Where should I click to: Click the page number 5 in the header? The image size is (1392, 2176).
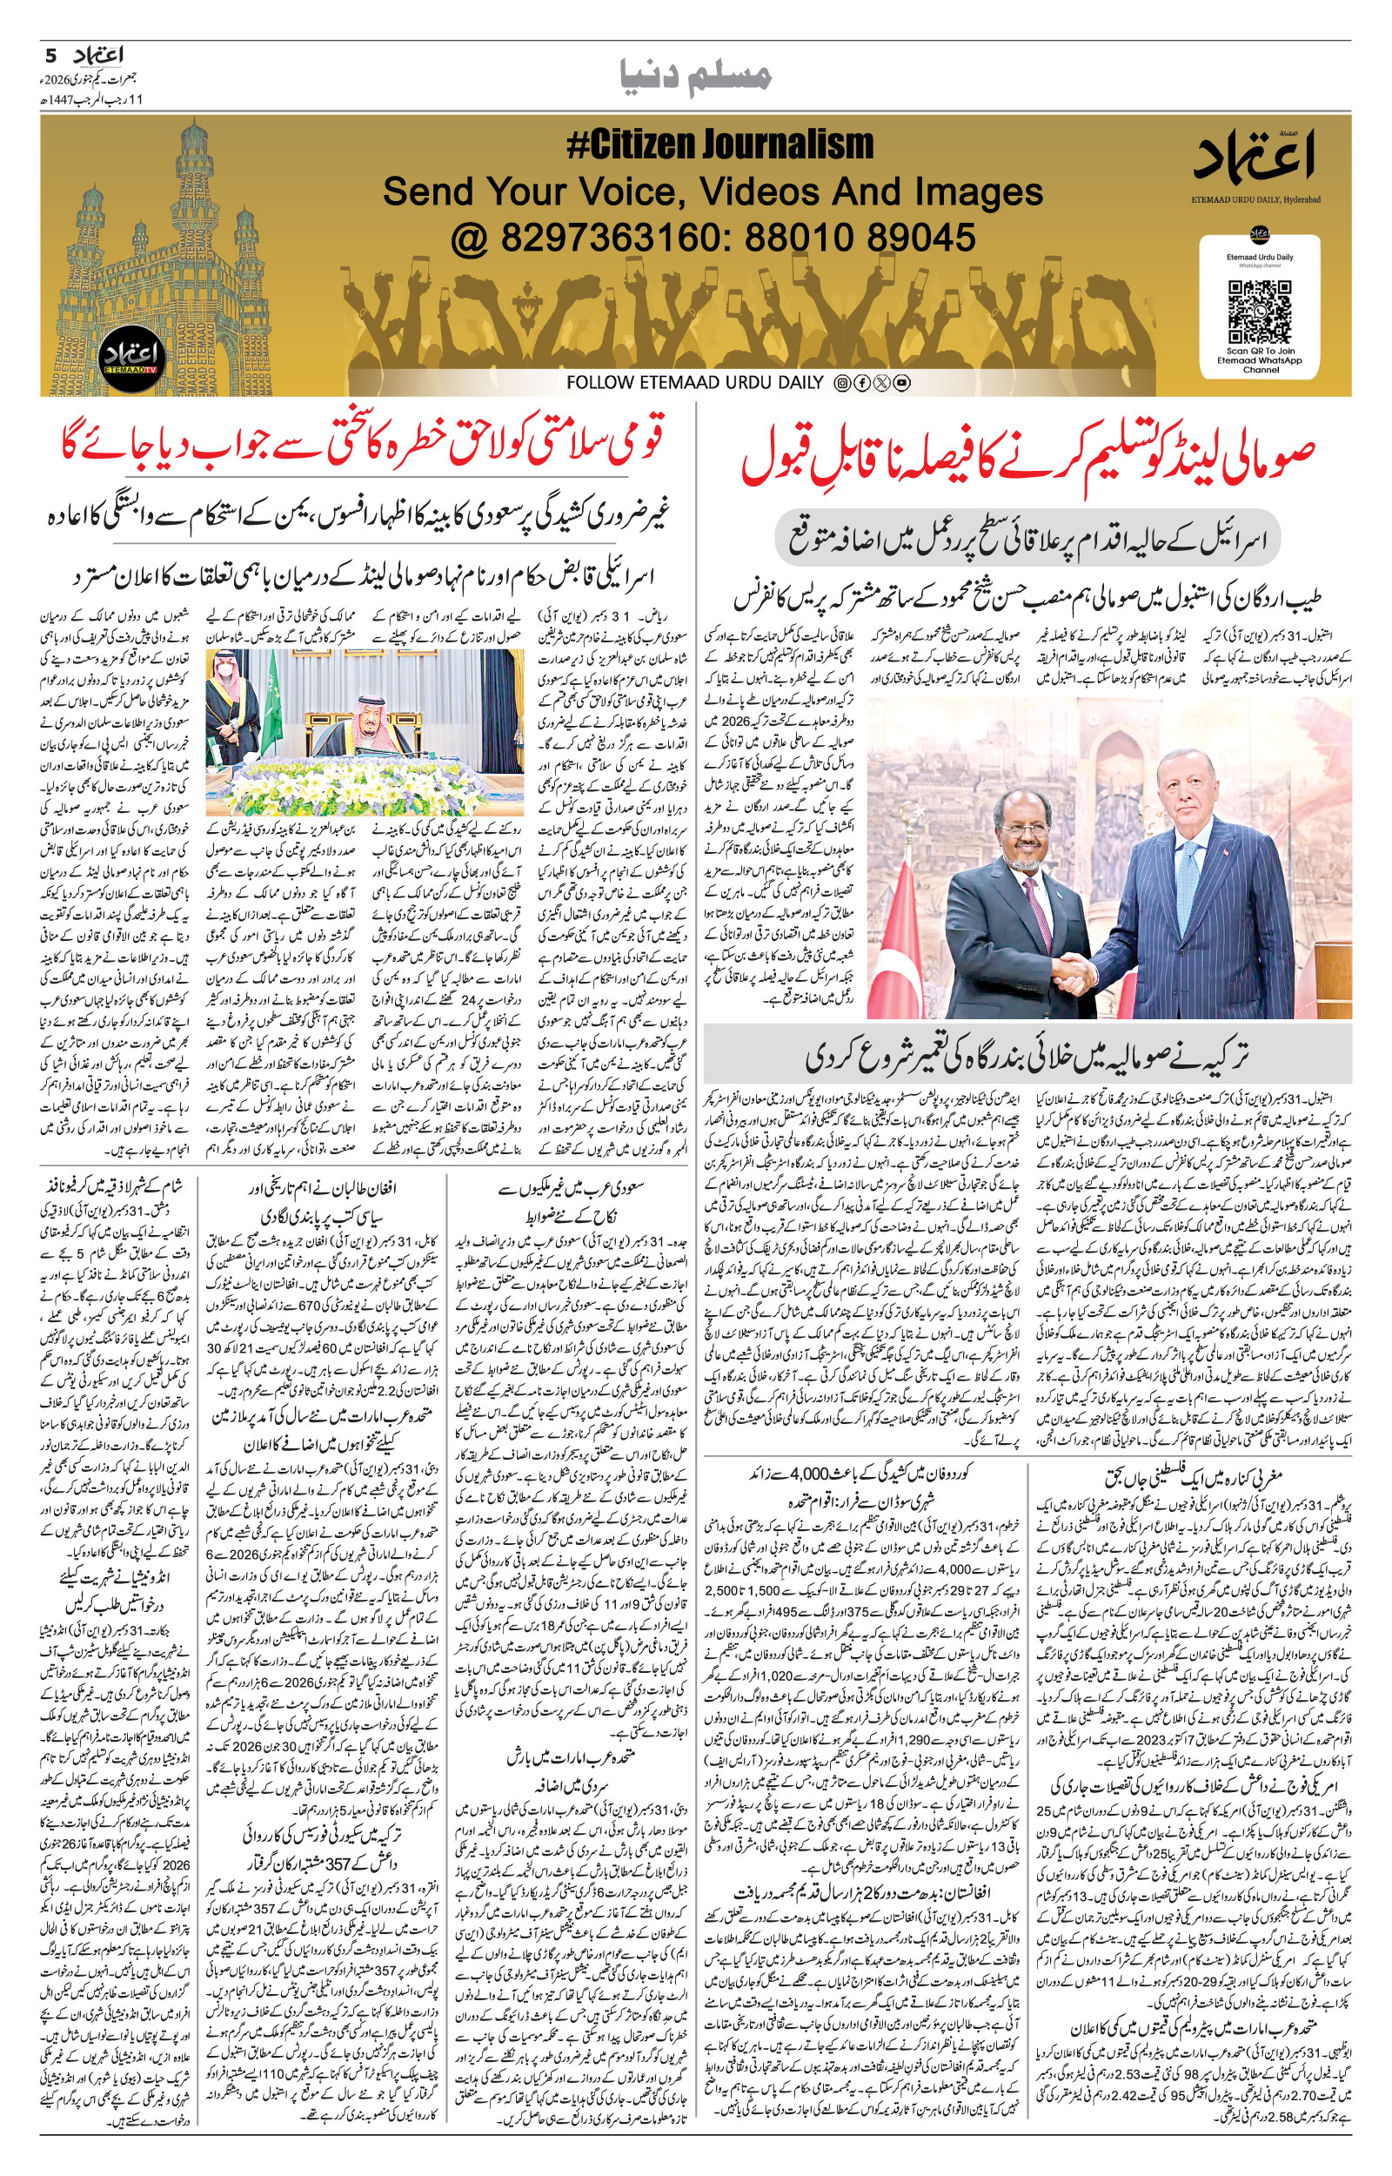[50, 56]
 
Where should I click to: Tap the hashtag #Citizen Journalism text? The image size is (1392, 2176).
[719, 144]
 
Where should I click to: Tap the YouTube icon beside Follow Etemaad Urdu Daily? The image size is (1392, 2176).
[901, 382]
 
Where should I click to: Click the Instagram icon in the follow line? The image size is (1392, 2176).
[840, 382]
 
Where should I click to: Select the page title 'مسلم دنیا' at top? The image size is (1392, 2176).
[696, 76]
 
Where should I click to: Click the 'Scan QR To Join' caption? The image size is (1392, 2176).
[1259, 352]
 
